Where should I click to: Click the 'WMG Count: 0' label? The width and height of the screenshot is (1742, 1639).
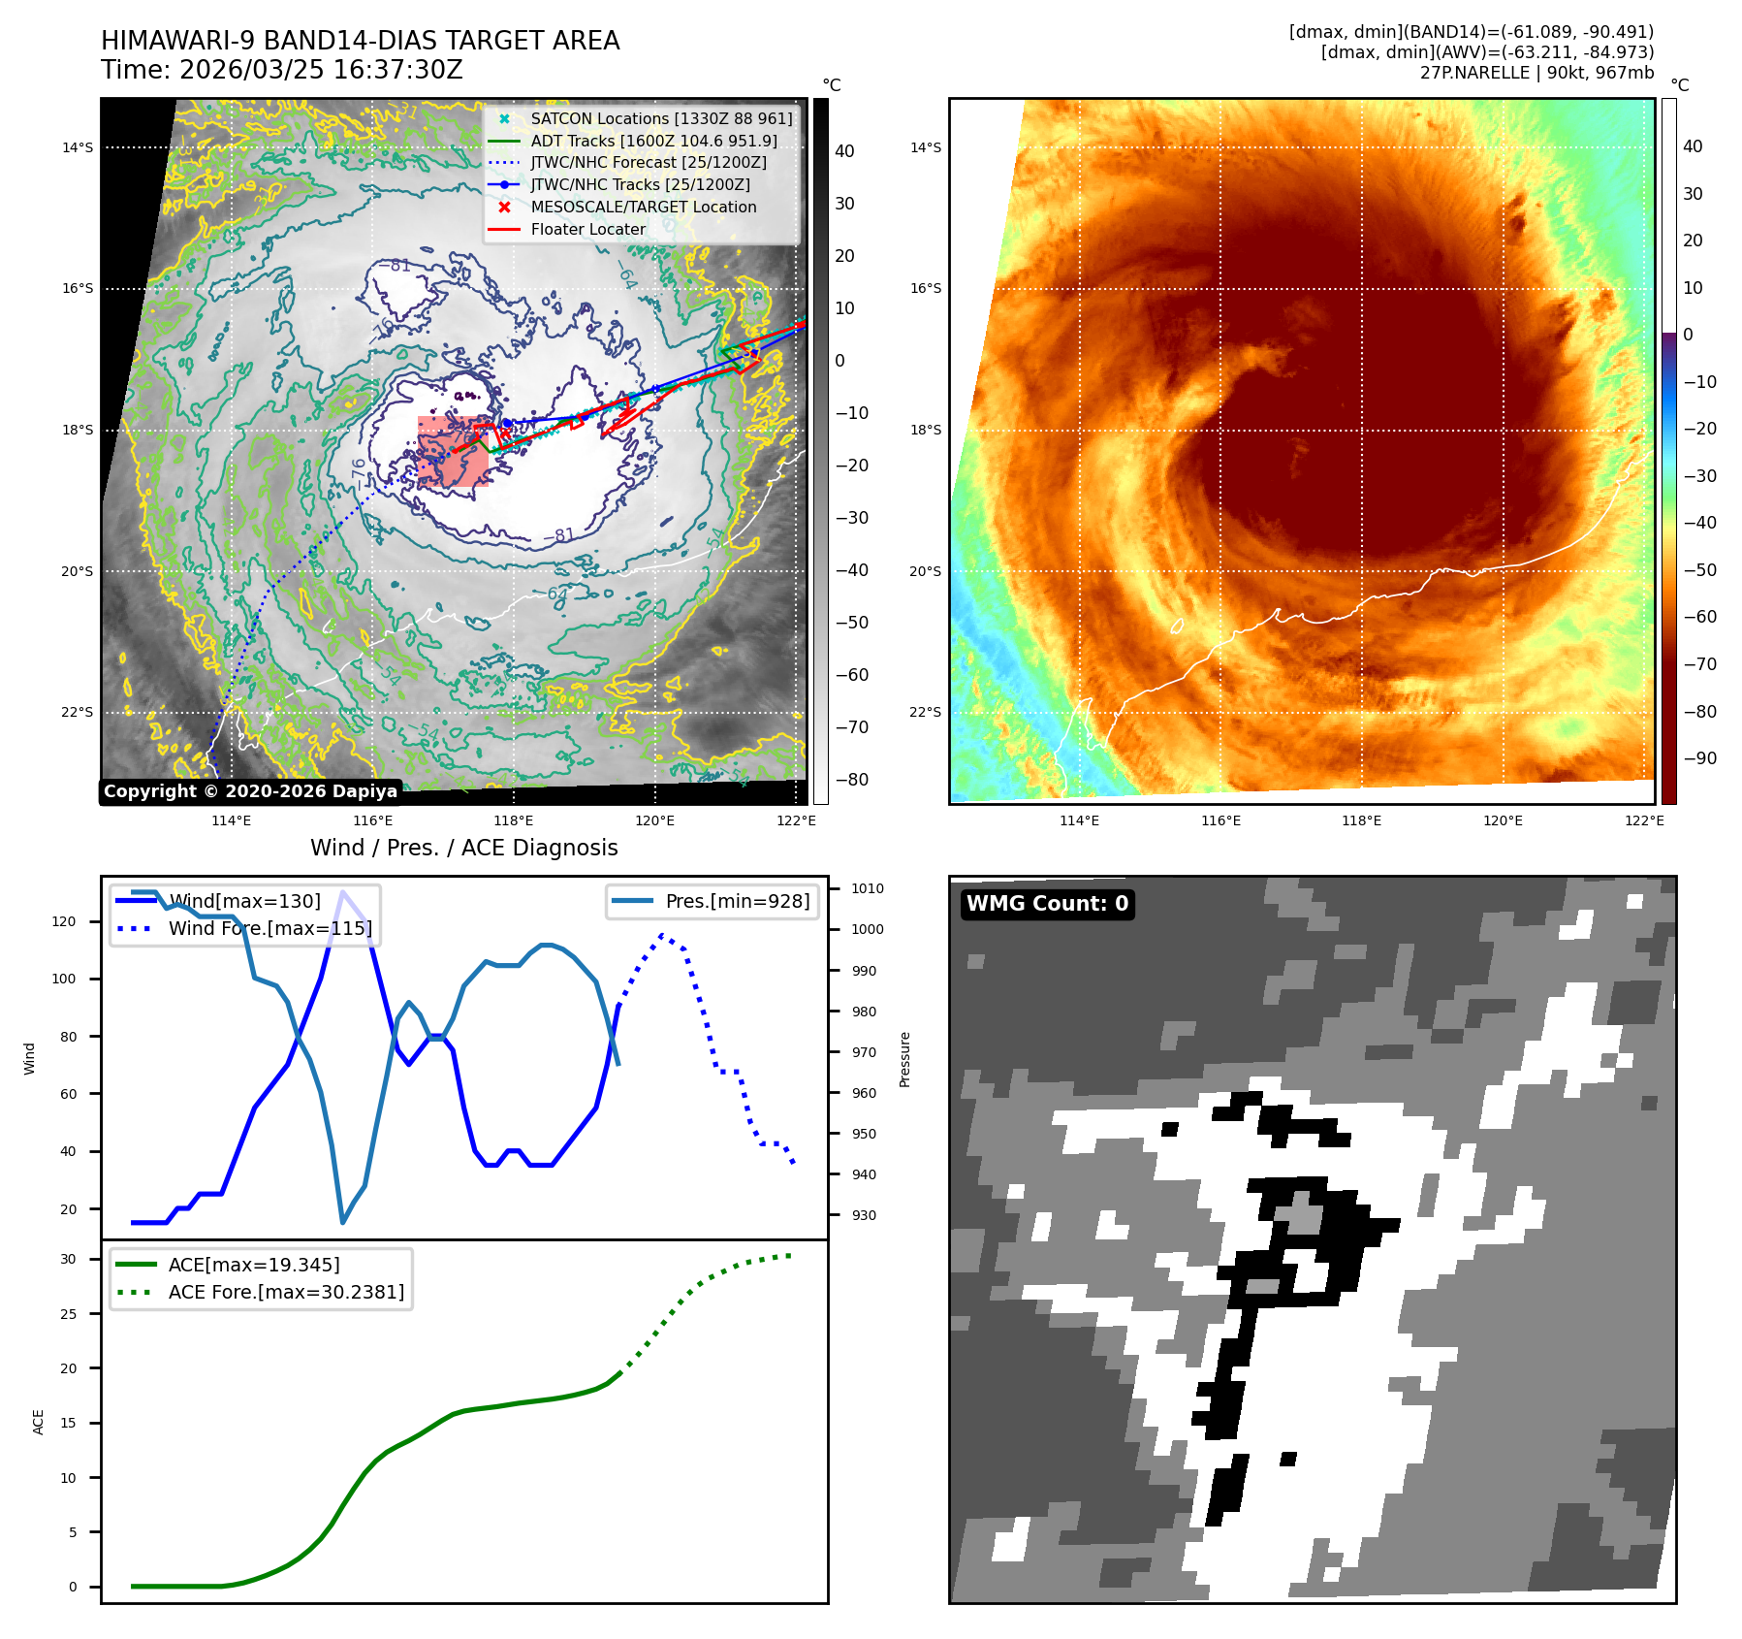(1047, 904)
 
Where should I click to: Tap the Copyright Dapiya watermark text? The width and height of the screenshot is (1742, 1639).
(250, 791)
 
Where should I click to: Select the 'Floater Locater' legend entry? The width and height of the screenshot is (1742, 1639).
(587, 230)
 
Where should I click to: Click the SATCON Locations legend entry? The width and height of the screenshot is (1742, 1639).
(661, 119)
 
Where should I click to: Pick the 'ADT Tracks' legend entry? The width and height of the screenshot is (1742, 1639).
(653, 142)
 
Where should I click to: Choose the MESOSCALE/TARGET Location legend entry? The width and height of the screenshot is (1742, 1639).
(643, 208)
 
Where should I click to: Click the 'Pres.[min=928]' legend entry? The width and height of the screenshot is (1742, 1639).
(737, 902)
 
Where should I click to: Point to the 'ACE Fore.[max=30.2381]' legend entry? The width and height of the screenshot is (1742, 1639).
(286, 1292)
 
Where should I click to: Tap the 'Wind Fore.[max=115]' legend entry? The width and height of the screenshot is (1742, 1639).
(269, 928)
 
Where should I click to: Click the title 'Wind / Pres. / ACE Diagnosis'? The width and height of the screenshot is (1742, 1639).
(463, 849)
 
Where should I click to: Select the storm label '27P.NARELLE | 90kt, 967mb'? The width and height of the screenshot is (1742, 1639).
(1536, 73)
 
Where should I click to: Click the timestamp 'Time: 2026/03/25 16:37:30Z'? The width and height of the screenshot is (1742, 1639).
(282, 71)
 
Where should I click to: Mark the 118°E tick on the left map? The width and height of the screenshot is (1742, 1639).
(514, 821)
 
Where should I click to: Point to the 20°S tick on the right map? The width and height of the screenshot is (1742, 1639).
(925, 571)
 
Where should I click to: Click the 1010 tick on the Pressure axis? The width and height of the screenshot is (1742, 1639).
(868, 888)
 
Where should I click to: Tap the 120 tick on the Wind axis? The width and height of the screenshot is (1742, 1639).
(64, 921)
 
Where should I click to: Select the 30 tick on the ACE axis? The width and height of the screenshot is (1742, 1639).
(68, 1260)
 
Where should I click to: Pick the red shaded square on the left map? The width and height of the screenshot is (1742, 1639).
(454, 451)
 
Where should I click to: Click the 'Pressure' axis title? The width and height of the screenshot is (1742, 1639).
(904, 1059)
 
